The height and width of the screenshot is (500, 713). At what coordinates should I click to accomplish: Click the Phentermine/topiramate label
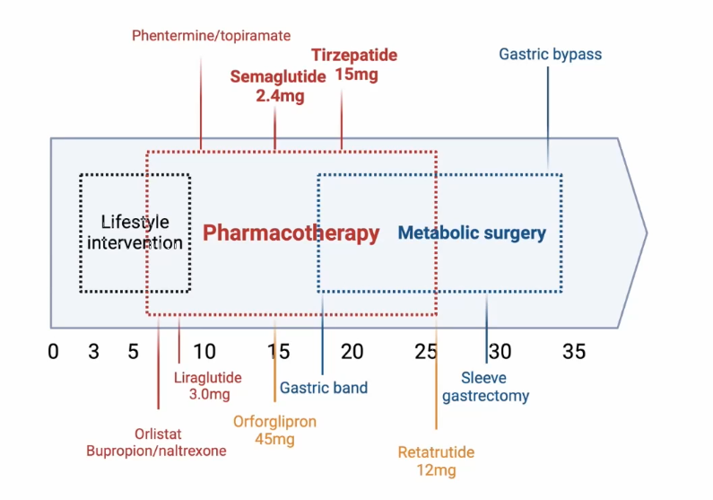pyautogui.click(x=211, y=36)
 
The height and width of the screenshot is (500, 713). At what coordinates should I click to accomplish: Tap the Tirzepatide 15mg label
pyautogui.click(x=354, y=66)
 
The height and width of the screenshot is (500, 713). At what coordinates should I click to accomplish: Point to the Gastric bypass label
pyautogui.click(x=550, y=55)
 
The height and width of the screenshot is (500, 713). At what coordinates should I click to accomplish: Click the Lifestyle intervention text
pyautogui.click(x=135, y=232)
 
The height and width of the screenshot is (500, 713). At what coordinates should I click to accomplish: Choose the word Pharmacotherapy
pyautogui.click(x=291, y=233)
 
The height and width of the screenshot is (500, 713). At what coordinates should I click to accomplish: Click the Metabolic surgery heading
pyautogui.click(x=472, y=233)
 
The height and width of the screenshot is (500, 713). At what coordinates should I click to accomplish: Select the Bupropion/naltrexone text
pyautogui.click(x=156, y=451)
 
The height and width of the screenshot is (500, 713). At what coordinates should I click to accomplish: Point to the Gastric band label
pyautogui.click(x=324, y=389)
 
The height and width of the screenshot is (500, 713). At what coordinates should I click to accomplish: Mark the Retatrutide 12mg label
pyautogui.click(x=436, y=461)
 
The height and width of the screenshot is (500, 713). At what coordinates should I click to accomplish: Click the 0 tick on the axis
pyautogui.click(x=53, y=352)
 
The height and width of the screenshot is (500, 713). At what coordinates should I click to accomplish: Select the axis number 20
pyautogui.click(x=352, y=352)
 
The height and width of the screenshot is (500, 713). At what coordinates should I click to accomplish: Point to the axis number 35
pyautogui.click(x=574, y=352)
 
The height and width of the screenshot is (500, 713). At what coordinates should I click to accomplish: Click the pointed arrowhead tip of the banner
pyautogui.click(x=646, y=232)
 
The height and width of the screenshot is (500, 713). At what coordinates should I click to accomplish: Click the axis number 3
pyautogui.click(x=93, y=352)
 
